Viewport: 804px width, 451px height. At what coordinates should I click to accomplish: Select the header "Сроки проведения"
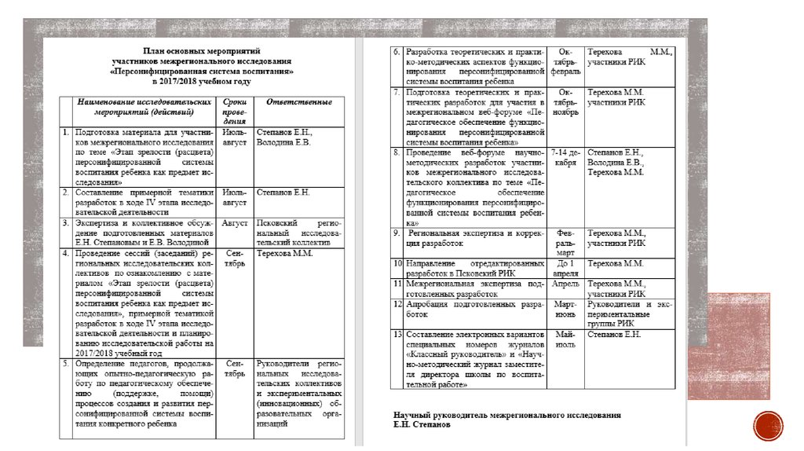tap(235, 111)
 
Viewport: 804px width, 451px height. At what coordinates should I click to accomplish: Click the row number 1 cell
tap(68, 132)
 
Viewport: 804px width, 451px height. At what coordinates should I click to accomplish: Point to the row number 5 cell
tap(68, 363)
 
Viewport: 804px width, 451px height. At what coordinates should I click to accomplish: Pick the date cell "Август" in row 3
tap(235, 223)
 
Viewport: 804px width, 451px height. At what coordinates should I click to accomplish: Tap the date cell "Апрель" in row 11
tap(566, 283)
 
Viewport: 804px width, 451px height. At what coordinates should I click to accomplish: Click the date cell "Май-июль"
tap(566, 339)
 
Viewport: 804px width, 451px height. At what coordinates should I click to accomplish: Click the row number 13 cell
tap(397, 335)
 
